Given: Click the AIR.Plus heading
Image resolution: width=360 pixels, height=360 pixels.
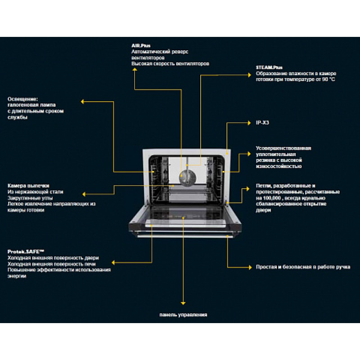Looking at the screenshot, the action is (x=141, y=46).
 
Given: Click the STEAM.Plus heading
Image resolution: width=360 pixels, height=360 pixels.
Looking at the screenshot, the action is (x=269, y=67).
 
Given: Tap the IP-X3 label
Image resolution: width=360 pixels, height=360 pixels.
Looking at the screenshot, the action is (x=262, y=122).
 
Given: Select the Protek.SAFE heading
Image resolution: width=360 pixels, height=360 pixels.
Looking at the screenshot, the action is (x=26, y=252).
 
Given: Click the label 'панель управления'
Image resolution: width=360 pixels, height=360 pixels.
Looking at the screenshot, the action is (x=183, y=315).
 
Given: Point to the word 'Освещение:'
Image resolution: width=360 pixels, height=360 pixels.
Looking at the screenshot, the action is (x=23, y=99).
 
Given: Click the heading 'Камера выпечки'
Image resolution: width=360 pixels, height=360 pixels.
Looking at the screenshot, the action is (x=28, y=185).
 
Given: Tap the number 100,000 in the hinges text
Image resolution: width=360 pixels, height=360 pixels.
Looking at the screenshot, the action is (x=272, y=198).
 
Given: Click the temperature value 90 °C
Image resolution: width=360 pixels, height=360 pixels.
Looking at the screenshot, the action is (x=328, y=80).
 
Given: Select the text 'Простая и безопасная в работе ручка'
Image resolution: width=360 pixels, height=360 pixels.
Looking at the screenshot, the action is (x=303, y=267).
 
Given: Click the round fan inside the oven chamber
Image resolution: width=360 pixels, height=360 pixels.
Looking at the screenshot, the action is (x=188, y=178).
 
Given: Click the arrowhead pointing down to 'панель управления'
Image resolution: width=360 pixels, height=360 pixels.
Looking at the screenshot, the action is (x=183, y=303).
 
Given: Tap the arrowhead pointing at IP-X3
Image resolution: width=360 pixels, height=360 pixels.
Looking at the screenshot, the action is (x=249, y=123).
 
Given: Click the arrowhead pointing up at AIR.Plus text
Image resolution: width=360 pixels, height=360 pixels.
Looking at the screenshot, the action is (x=135, y=69).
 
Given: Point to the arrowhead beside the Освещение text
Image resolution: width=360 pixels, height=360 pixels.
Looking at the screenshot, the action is (x=82, y=102).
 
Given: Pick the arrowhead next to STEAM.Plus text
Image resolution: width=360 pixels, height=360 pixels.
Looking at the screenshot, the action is (x=250, y=75).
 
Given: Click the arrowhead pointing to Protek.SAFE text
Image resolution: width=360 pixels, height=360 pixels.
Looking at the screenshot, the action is (x=113, y=262).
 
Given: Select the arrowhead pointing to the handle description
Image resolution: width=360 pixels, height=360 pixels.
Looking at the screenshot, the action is (x=250, y=267).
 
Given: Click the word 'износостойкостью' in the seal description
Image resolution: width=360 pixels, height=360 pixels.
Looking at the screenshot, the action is (x=279, y=166).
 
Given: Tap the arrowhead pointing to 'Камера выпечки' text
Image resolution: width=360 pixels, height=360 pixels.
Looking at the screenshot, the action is (x=84, y=194).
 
